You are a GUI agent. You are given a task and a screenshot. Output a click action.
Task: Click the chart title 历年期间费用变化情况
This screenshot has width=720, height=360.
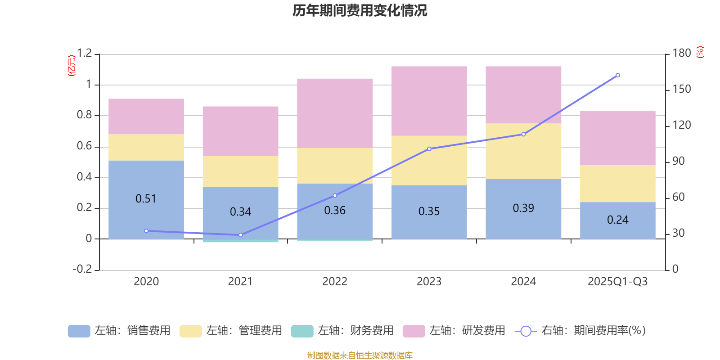tap(360, 10)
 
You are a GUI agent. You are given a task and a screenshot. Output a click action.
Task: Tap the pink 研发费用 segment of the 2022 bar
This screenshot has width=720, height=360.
tap(335, 113)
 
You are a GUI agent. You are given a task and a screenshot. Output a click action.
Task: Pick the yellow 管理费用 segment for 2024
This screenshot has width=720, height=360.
tap(523, 151)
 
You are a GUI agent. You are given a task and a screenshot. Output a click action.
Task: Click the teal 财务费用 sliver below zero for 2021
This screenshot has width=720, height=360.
tap(240, 241)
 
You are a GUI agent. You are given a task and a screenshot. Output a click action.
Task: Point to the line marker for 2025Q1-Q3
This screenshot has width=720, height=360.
tap(617, 75)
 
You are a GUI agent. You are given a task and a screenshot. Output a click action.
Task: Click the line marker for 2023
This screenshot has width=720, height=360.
tap(429, 149)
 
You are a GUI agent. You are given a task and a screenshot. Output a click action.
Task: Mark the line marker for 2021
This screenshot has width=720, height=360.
tap(240, 235)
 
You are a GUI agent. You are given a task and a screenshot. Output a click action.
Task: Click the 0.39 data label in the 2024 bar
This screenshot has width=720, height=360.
tap(523, 208)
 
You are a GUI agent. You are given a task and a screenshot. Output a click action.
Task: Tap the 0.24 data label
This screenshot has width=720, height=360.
tap(617, 220)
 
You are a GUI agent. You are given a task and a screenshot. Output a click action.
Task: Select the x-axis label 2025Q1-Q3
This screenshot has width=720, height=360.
tap(617, 282)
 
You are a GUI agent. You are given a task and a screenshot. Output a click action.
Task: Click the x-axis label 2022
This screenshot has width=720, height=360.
tap(335, 282)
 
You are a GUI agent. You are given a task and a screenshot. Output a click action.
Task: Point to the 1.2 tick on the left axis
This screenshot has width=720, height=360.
tap(84, 54)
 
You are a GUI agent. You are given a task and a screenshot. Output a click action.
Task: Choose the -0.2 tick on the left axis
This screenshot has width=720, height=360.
tap(82, 269)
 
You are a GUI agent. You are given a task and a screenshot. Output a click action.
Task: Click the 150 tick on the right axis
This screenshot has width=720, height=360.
tap(681, 89)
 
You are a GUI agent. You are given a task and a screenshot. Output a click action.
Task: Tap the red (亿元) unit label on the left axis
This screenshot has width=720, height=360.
tap(71, 66)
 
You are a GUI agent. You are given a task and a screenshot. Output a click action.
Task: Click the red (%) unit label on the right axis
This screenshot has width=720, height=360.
tap(700, 52)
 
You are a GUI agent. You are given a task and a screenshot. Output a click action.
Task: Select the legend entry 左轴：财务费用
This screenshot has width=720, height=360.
tap(342, 331)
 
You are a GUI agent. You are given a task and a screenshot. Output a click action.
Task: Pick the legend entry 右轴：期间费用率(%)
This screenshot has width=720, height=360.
tap(580, 331)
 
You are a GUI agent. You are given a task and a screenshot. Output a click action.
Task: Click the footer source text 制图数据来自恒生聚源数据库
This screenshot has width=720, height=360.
tap(360, 355)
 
